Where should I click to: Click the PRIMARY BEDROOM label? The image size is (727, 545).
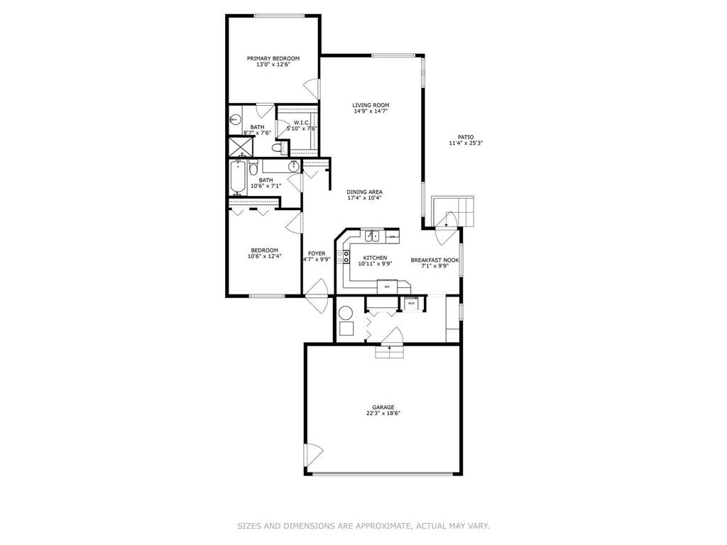(273, 58)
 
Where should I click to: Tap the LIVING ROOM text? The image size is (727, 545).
(371, 105)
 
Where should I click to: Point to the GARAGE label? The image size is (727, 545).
(383, 407)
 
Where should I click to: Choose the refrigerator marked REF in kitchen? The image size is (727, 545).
(387, 286)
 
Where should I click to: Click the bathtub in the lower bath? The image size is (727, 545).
(237, 177)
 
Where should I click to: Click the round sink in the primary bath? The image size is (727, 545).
(235, 121)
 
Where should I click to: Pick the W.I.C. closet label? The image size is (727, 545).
(302, 123)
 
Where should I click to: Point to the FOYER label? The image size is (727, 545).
(316, 253)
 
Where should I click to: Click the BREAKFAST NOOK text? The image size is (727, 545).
(435, 260)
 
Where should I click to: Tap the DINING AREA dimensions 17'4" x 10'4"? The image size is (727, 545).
(365, 198)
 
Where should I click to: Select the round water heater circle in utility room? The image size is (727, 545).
(346, 312)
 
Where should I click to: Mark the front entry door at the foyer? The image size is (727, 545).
(316, 292)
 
